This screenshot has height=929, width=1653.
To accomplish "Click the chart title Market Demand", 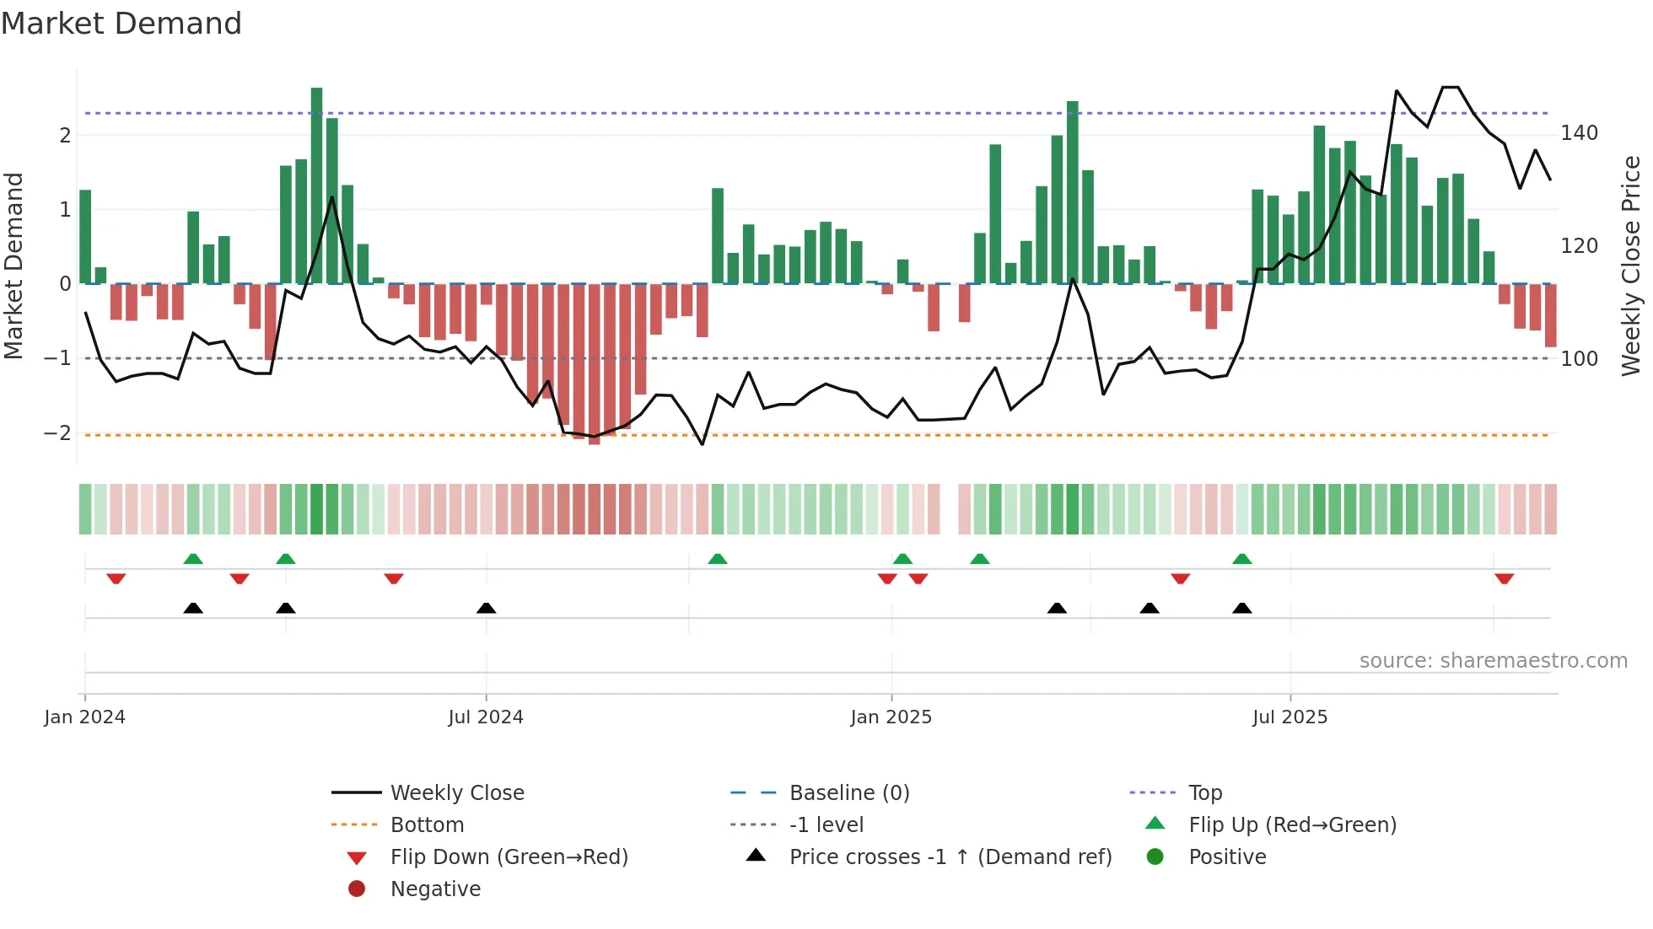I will [x=121, y=24].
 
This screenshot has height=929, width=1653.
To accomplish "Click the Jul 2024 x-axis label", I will [x=486, y=717].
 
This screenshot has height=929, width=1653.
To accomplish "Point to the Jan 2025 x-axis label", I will [x=891, y=717].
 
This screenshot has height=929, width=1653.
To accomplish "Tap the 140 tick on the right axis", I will [x=1579, y=133].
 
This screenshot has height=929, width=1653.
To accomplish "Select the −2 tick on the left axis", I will [x=57, y=433].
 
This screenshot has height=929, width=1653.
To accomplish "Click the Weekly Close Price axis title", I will [x=1631, y=266].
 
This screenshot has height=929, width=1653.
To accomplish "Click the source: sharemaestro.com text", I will [x=1493, y=661].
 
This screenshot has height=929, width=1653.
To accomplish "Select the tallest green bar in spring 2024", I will [x=316, y=185].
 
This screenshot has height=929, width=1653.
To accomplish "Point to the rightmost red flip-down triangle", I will [x=1504, y=578].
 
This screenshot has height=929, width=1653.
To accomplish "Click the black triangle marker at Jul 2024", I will [x=486, y=608].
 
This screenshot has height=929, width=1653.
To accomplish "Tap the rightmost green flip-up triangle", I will [x=1241, y=559].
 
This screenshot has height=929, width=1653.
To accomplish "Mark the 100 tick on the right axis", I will [x=1579, y=359].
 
